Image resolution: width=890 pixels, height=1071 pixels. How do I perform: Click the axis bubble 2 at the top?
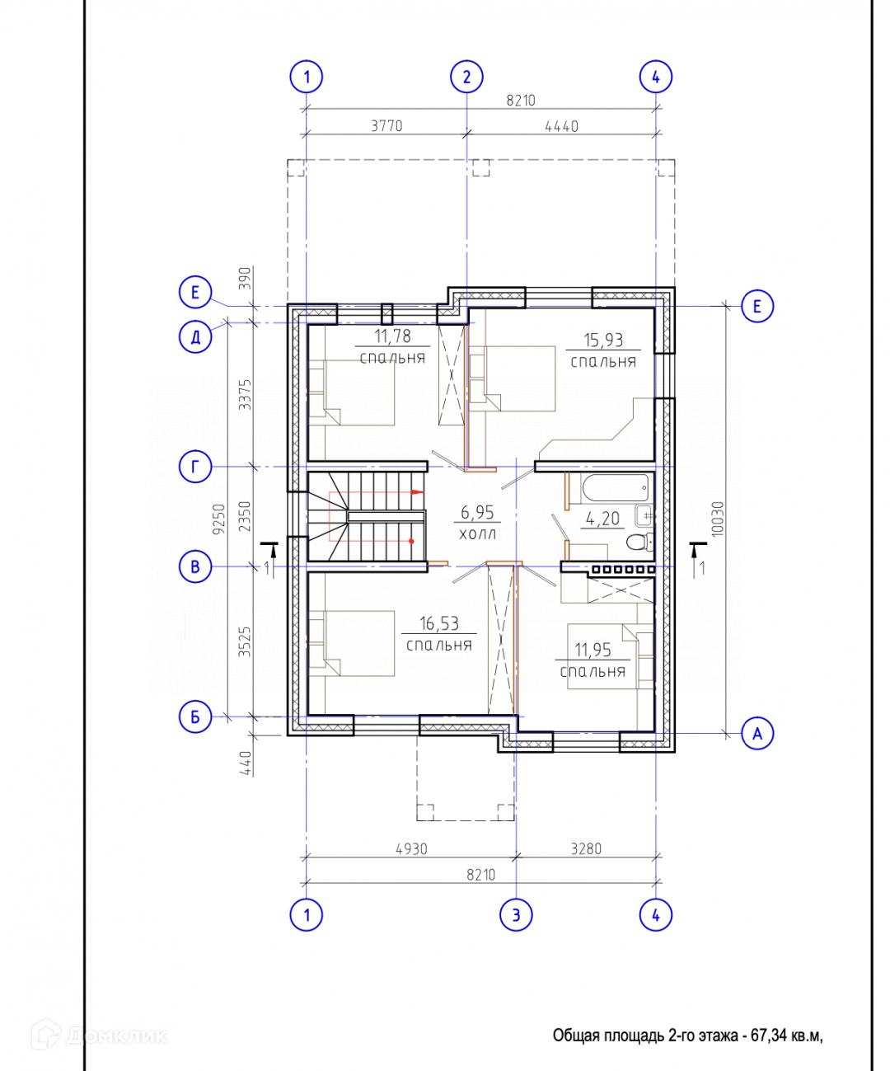(x=466, y=77)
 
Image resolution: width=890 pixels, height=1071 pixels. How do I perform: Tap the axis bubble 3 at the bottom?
(x=516, y=915)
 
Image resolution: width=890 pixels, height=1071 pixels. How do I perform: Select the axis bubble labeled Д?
(x=195, y=337)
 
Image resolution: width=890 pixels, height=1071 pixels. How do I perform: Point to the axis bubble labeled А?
(x=757, y=734)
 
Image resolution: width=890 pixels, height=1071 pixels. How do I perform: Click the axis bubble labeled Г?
(x=195, y=467)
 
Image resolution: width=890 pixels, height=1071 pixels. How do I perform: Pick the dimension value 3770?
(x=386, y=126)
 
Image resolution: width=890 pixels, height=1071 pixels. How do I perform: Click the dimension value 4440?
(x=561, y=126)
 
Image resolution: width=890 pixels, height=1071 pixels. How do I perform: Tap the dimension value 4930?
(x=411, y=849)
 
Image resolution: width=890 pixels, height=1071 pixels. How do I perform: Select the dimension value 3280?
(x=586, y=849)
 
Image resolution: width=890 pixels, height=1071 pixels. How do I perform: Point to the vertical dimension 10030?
(x=718, y=519)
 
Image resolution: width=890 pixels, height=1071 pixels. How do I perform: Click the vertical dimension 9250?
(x=219, y=519)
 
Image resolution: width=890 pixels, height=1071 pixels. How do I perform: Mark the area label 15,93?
(x=603, y=340)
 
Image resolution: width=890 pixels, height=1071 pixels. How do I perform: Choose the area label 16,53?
(x=439, y=624)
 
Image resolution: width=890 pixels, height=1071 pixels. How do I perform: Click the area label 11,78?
(x=392, y=336)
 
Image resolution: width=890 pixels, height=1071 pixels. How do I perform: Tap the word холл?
(x=477, y=534)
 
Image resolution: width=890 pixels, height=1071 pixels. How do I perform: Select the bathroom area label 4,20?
(x=603, y=519)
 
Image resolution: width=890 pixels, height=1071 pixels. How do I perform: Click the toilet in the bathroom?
(x=639, y=541)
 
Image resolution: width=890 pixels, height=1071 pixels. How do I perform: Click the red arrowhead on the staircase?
(x=418, y=492)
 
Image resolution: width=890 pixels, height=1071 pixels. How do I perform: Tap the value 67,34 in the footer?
(x=769, y=1036)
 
